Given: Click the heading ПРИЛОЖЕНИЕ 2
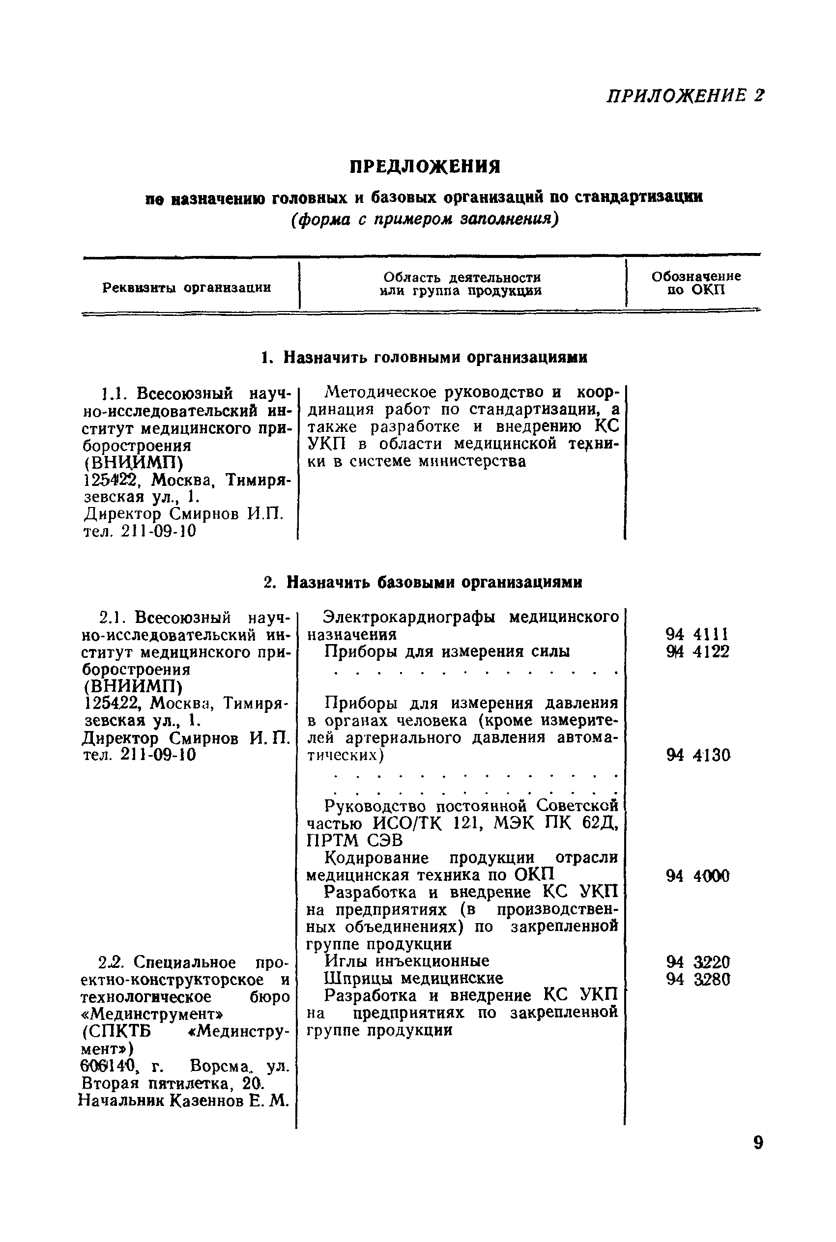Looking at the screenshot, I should [x=685, y=96].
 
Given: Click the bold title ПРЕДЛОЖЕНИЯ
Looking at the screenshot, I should [x=425, y=168].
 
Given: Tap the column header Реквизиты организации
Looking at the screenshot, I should [x=187, y=288].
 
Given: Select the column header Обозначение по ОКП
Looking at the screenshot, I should [x=696, y=283].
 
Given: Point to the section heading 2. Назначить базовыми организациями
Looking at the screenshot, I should [x=423, y=582].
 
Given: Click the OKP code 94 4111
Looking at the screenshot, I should [x=697, y=635].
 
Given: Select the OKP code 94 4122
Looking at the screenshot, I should [x=697, y=651].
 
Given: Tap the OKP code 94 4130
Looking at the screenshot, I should [x=697, y=755].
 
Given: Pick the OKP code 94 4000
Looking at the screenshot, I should [x=697, y=876].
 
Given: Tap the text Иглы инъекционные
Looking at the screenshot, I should [x=407, y=960].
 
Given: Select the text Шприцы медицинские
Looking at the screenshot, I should [x=414, y=978].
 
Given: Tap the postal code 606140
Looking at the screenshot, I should [x=109, y=1066].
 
